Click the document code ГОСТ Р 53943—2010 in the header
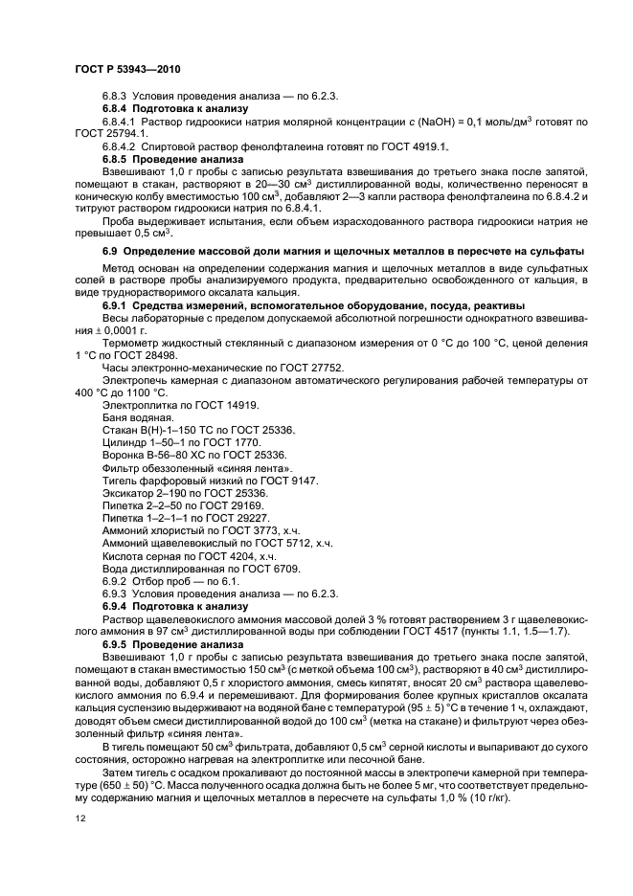[127, 70]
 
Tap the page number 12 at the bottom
[79, 818]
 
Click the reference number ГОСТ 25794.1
[109, 134]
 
